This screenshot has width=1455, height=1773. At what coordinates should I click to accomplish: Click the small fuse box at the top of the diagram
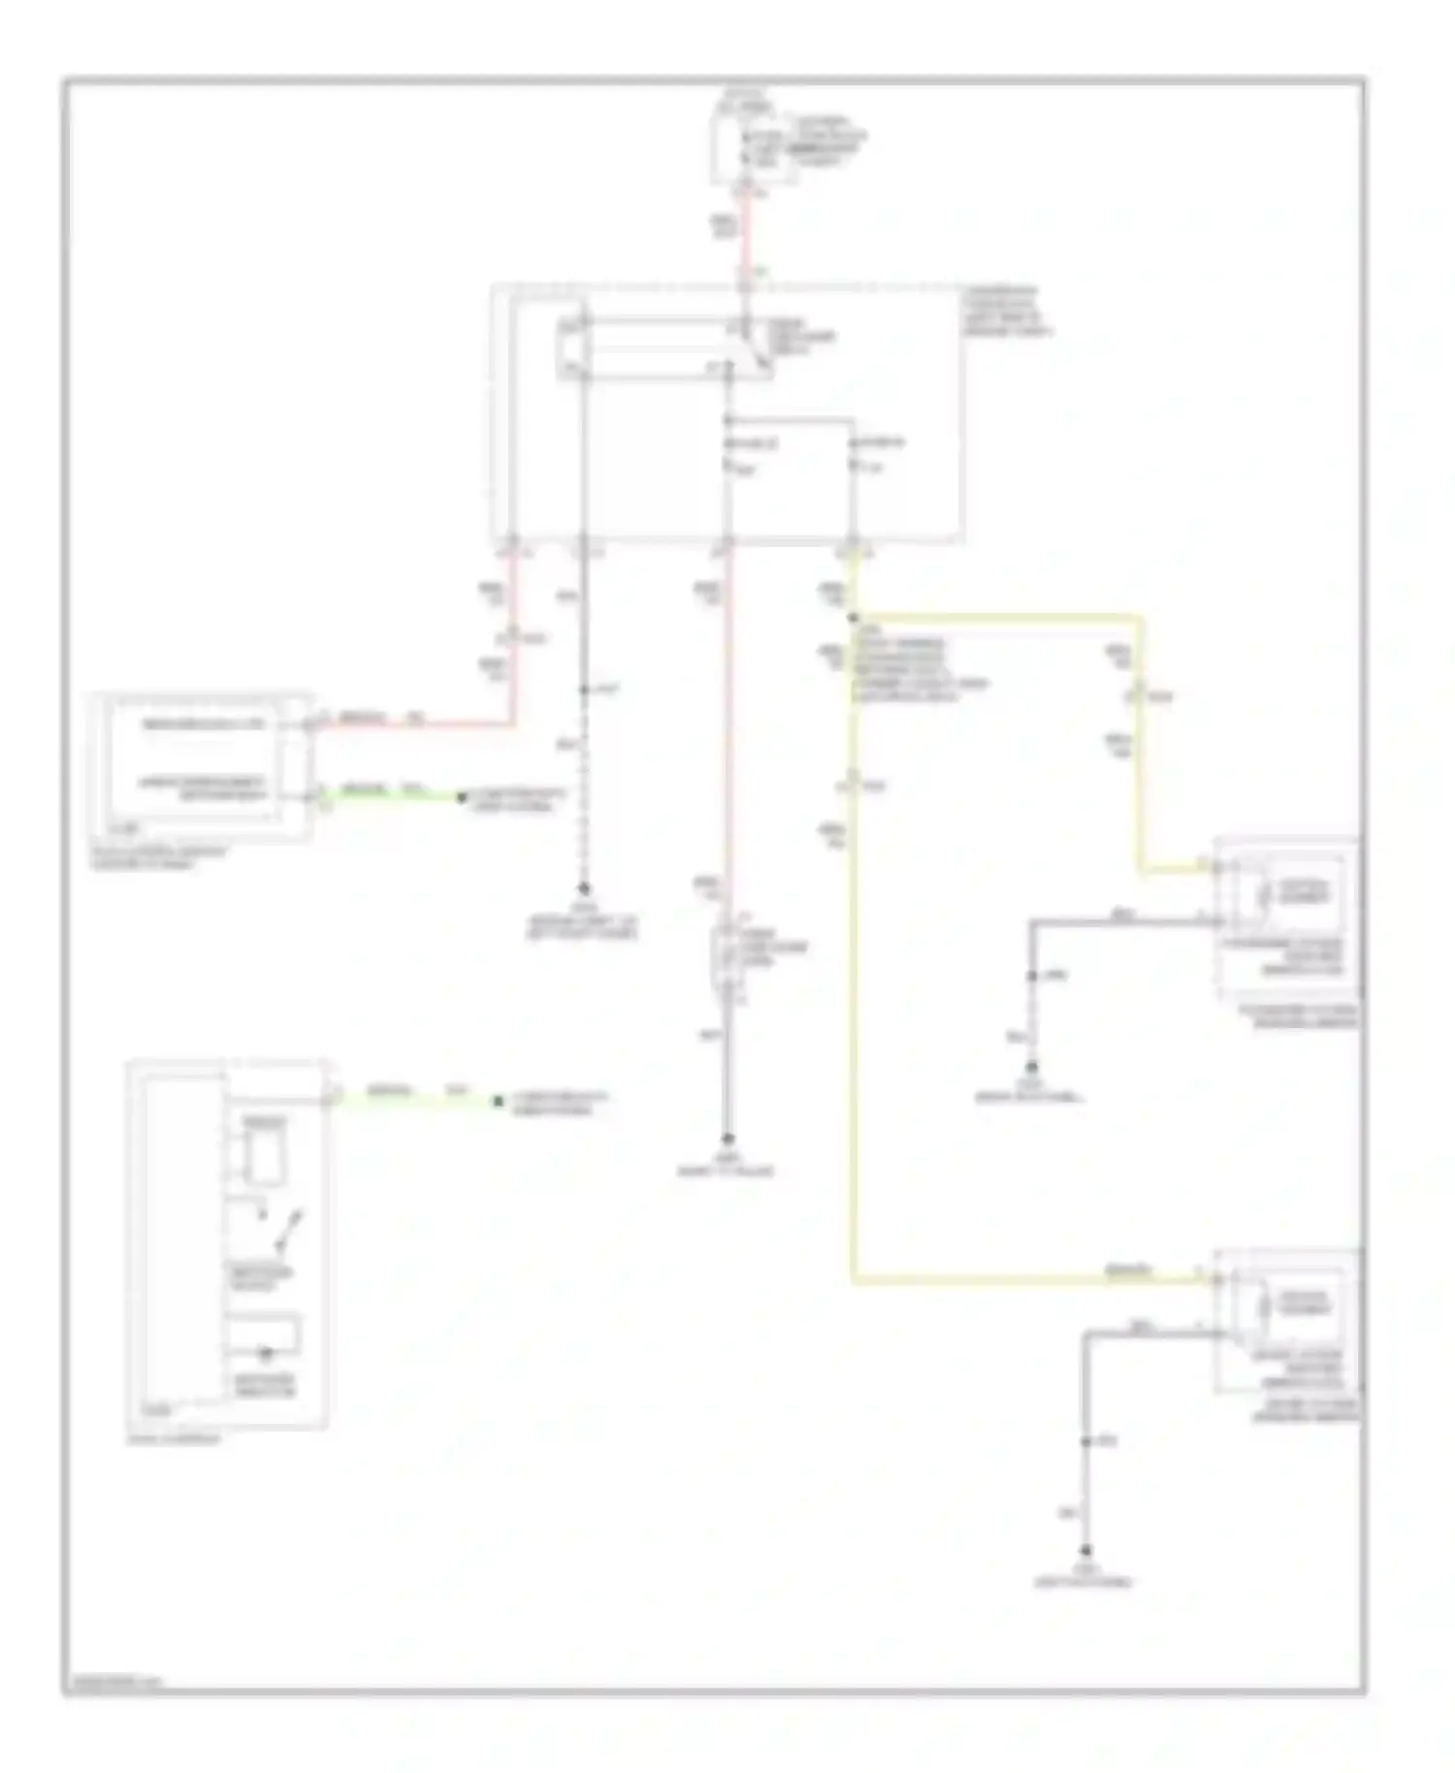(x=755, y=147)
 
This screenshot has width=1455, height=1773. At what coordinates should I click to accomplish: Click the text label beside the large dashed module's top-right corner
(x=1007, y=310)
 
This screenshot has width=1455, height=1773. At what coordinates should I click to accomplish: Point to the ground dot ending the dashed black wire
(x=584, y=887)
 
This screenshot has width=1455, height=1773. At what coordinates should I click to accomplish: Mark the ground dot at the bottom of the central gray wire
(x=727, y=1140)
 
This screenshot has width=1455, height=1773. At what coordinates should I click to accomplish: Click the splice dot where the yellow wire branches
(x=854, y=617)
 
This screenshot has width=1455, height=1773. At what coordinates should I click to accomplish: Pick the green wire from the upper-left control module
(x=388, y=797)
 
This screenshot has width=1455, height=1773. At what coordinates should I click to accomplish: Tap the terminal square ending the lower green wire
(x=498, y=1101)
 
